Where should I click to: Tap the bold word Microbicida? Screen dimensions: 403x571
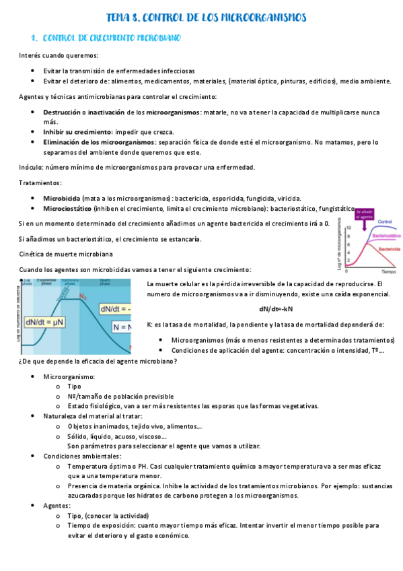(62, 199)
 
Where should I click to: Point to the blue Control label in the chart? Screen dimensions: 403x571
(386, 222)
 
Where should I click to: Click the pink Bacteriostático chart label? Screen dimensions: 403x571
(386, 237)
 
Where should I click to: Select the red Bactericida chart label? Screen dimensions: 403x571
(388, 249)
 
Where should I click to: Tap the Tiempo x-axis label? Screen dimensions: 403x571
(388, 274)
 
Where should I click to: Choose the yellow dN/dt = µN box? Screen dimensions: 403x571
(45, 323)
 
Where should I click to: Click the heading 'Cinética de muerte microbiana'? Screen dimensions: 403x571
(65, 254)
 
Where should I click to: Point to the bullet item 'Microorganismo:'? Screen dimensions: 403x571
(69, 377)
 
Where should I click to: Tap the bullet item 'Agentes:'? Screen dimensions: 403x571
(57, 505)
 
